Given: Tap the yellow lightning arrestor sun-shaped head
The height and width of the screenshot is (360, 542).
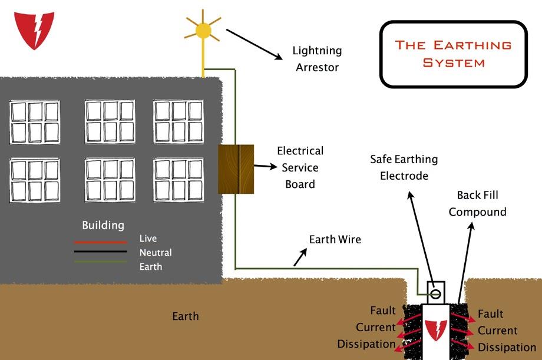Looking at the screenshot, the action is click(x=203, y=31).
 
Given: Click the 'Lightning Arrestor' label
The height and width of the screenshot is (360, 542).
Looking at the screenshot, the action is click(x=318, y=59).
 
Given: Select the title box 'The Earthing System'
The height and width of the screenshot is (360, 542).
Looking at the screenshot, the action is click(x=454, y=54).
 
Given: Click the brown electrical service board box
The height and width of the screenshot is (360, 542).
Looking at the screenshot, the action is click(x=236, y=169).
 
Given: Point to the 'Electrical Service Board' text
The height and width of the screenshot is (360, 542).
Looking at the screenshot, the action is click(x=300, y=167).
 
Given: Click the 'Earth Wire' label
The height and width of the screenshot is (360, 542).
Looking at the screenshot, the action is click(x=335, y=239).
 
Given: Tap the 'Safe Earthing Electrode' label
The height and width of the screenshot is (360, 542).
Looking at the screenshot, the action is click(x=404, y=167).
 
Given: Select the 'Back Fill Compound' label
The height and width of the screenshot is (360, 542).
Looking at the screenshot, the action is click(x=477, y=203).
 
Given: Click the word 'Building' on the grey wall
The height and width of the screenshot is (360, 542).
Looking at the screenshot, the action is click(x=103, y=225).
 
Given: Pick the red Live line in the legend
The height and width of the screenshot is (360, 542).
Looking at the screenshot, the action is click(x=101, y=242).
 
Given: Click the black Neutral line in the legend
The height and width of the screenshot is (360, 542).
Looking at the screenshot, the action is click(x=101, y=252).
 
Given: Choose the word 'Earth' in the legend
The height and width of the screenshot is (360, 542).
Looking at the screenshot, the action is click(x=151, y=267).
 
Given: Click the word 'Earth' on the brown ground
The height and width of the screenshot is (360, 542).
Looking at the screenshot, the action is click(x=186, y=316).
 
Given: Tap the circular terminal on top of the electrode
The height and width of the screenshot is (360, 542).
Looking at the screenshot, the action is click(x=435, y=294).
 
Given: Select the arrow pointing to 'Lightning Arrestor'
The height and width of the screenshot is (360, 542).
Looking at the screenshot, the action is click(x=255, y=45).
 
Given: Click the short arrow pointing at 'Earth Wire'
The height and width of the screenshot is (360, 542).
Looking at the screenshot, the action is click(x=300, y=257).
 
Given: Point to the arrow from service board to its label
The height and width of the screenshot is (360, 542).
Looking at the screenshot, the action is click(x=266, y=166).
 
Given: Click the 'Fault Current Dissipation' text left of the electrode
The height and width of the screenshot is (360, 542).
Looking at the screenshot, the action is click(x=366, y=327).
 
